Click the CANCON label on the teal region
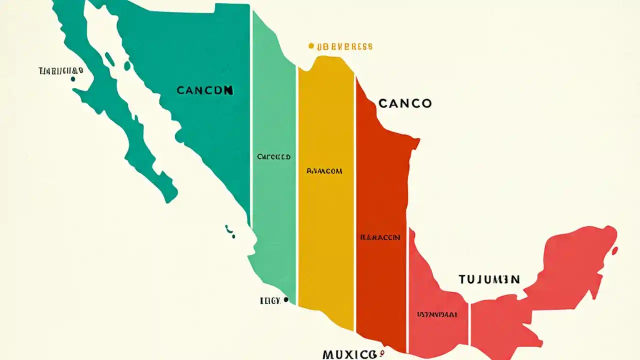[x=205, y=90]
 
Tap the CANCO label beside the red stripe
[x=405, y=103]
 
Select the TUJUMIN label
[x=489, y=279]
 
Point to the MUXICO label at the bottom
[x=349, y=354]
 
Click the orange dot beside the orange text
[x=311, y=46]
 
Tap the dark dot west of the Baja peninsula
[x=73, y=78]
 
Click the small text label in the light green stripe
[x=273, y=156]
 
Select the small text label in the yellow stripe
[x=324, y=171]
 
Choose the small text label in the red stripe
[x=380, y=237]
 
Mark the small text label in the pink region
[x=436, y=315]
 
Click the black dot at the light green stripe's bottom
[x=285, y=300]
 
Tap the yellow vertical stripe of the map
[x=326, y=225]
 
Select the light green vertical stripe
[x=274, y=210]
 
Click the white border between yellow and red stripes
[x=355, y=200]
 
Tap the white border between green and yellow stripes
[x=297, y=200]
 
